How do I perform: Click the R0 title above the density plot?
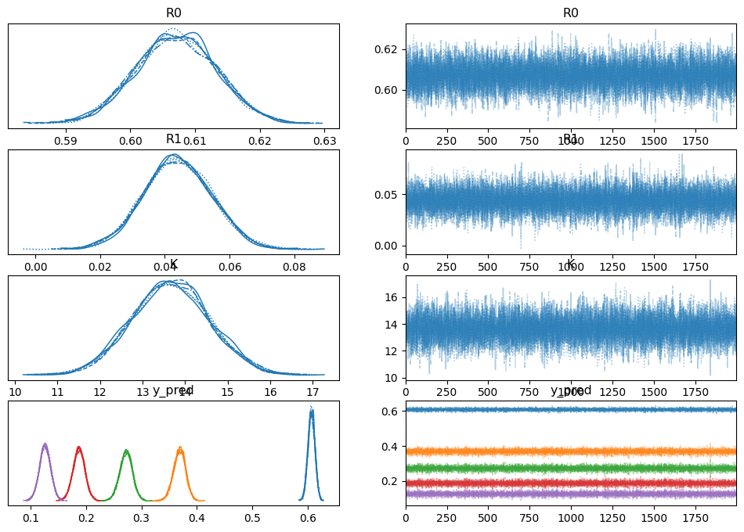tap(174, 13)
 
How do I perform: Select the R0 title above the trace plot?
tap(571, 13)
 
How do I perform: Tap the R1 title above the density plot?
tap(174, 139)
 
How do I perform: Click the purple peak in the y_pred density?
tap(45, 446)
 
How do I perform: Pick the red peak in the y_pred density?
tap(78, 449)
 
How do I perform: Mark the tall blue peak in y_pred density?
tap(311, 411)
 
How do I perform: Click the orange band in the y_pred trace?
tap(571, 451)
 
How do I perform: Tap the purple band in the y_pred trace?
tap(571, 494)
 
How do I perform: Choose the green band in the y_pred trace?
tap(571, 468)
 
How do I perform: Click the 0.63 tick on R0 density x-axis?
tap(325, 141)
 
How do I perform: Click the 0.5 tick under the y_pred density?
tap(252, 519)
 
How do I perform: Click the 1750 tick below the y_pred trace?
tap(695, 519)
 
